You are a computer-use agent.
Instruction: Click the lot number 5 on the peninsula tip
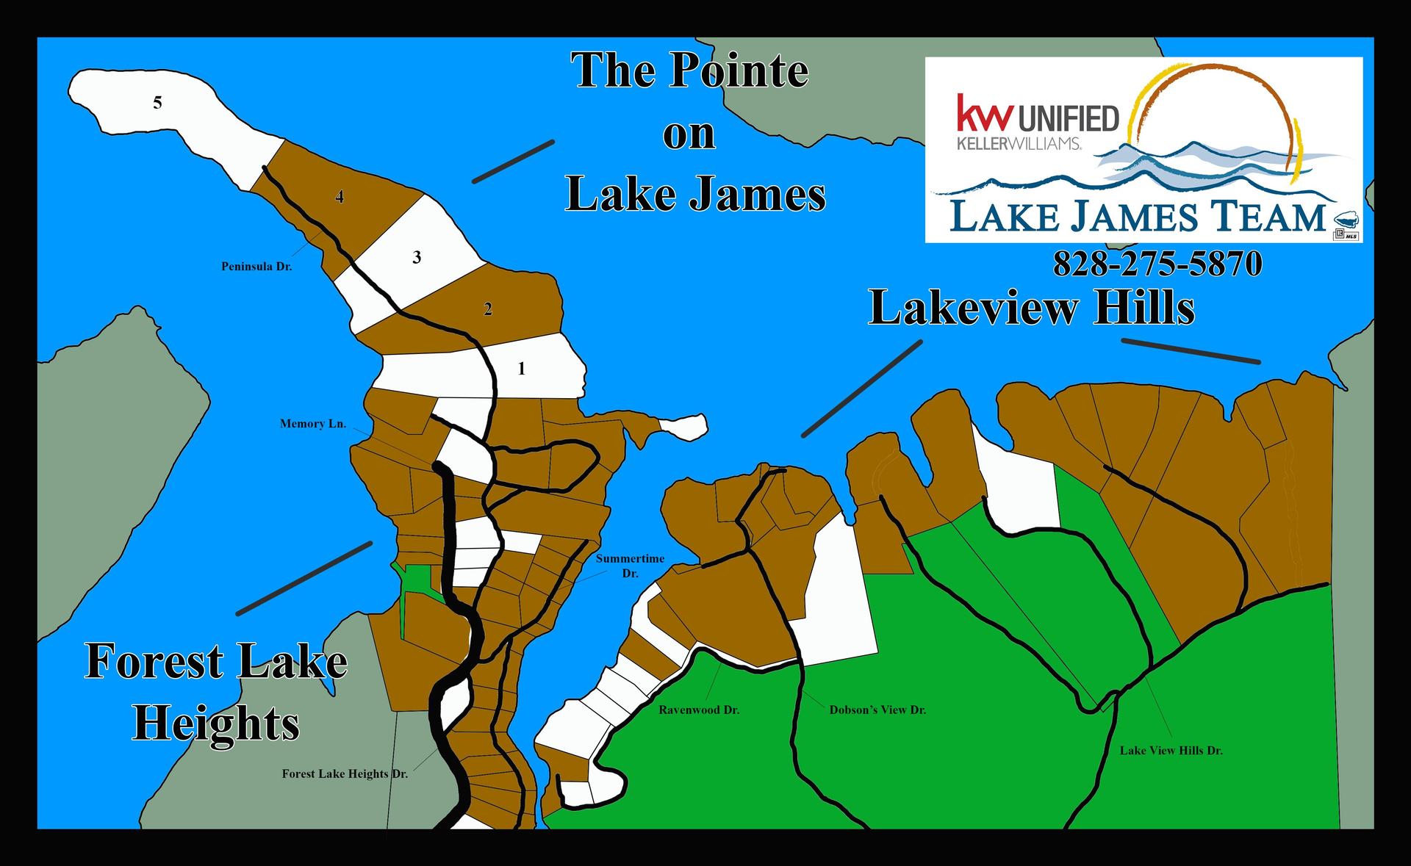point(157,103)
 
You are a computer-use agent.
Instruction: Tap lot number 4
point(340,197)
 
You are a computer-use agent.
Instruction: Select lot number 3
point(417,258)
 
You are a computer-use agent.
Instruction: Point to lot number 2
point(488,309)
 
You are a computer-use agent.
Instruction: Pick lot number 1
point(522,369)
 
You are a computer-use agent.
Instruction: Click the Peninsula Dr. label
point(256,267)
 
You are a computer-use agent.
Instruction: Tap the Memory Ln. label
point(312,424)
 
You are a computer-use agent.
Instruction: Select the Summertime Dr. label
point(630,566)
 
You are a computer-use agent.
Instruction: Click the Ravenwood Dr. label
point(699,710)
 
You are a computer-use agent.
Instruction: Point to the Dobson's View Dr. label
point(877,710)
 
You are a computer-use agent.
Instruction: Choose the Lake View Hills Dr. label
point(1171,751)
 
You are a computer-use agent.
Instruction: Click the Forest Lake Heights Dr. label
point(345,773)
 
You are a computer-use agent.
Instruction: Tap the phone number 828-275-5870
point(1157,264)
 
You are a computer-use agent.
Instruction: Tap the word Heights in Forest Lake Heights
point(216,724)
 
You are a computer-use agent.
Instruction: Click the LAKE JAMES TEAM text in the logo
point(1138,217)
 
